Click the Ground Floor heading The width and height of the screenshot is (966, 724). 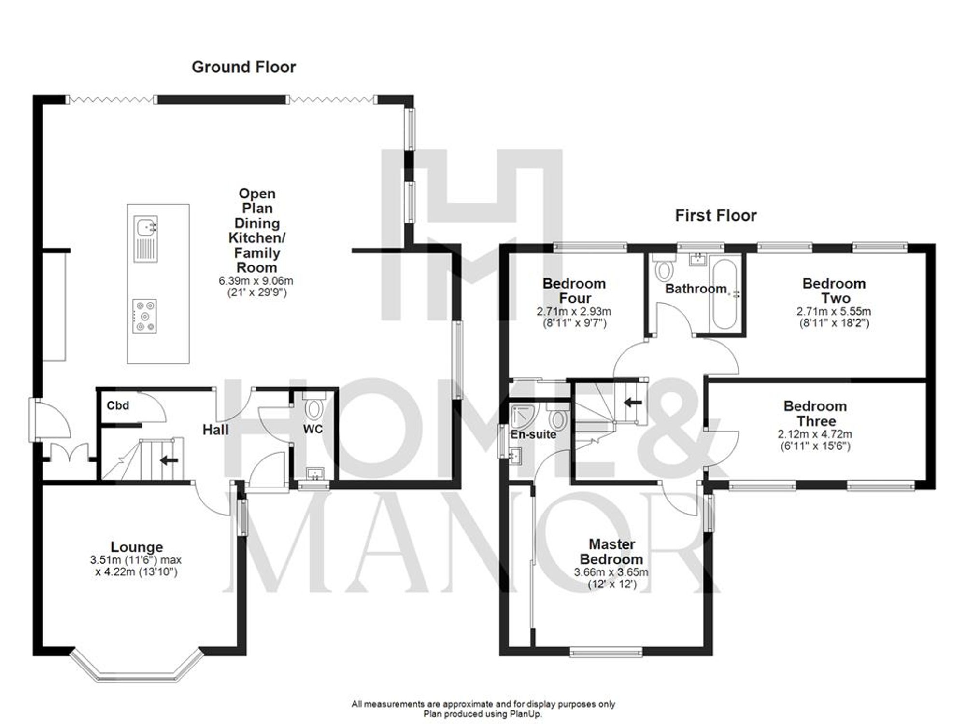(x=243, y=67)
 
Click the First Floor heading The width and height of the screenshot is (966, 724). (x=715, y=216)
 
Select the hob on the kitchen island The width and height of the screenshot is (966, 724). (x=145, y=316)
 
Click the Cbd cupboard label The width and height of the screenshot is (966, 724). (x=117, y=405)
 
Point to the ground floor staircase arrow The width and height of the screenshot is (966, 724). (x=169, y=460)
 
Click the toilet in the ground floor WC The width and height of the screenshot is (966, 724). (x=314, y=408)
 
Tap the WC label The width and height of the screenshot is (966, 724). (x=313, y=429)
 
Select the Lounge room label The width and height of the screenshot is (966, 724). (x=137, y=547)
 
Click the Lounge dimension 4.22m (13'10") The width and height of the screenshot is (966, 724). (x=137, y=572)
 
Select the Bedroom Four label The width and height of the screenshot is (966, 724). (x=574, y=291)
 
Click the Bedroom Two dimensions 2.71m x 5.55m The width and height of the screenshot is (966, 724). (x=834, y=312)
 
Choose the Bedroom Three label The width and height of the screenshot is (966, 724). (x=815, y=413)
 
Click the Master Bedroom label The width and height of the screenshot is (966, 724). (x=611, y=552)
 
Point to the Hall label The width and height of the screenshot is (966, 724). (x=215, y=430)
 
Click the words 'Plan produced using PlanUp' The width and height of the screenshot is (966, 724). (x=483, y=714)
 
